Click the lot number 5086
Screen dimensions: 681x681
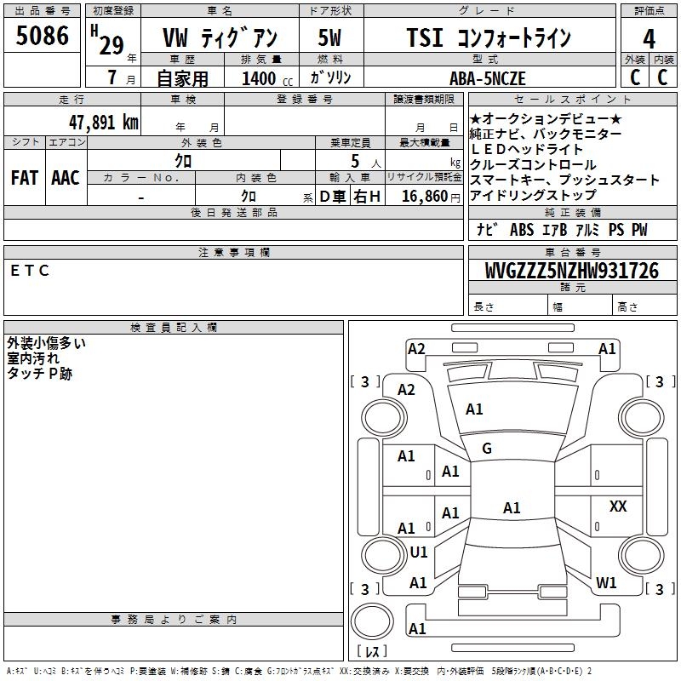coord(43,36)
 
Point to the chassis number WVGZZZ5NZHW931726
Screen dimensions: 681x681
coord(571,272)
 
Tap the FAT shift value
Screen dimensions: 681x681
coord(24,178)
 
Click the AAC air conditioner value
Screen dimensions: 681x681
coord(65,178)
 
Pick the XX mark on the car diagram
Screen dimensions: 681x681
coord(618,506)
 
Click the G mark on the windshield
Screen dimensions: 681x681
coord(487,449)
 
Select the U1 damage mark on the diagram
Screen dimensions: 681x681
coord(418,552)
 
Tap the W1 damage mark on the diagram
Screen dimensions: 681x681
coord(606,583)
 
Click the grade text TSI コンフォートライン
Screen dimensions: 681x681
coord(489,37)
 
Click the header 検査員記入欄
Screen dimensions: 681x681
coord(174,328)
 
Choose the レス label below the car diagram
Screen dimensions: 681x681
coord(372,652)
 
